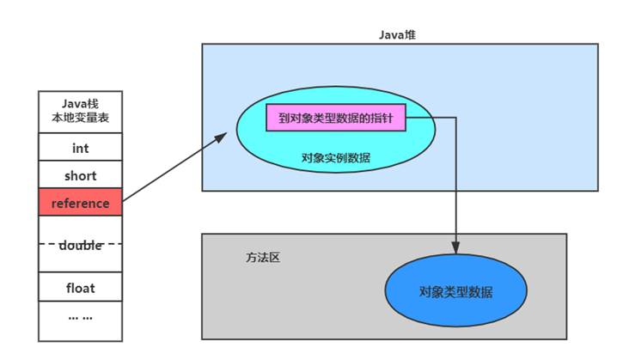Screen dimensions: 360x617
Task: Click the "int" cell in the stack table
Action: [x=80, y=149]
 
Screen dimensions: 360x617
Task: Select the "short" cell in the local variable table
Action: [x=80, y=176]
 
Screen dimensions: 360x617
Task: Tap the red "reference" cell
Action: [x=80, y=204]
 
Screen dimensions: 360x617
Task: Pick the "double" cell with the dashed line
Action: [x=80, y=245]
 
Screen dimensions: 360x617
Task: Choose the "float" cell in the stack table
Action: [x=80, y=288]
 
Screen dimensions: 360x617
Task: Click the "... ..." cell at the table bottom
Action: [x=80, y=317]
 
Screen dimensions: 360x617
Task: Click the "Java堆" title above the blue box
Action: [x=397, y=34]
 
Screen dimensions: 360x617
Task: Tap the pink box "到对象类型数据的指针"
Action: [x=335, y=119]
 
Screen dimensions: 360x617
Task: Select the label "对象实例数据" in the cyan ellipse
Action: [x=335, y=157]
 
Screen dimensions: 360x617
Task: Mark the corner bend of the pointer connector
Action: [x=455, y=119]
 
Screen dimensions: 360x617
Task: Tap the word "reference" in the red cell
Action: [x=80, y=204]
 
